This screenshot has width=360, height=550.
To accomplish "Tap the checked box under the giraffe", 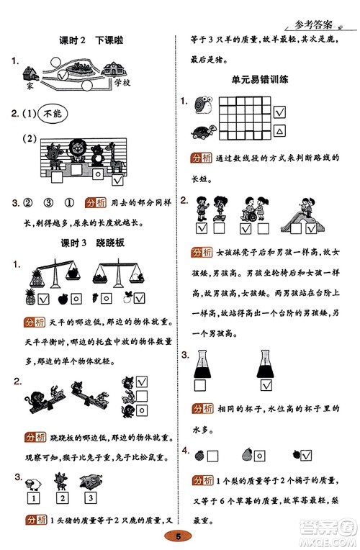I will pyautogui.click(x=117, y=172).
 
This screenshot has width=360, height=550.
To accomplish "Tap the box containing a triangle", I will pyautogui.click(x=281, y=131).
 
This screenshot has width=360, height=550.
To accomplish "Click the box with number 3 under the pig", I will pyautogui.click(x=91, y=497).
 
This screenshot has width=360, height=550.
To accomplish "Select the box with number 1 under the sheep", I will pyautogui.click(x=32, y=497).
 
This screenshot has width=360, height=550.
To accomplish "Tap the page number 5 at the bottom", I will pyautogui.click(x=179, y=536).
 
